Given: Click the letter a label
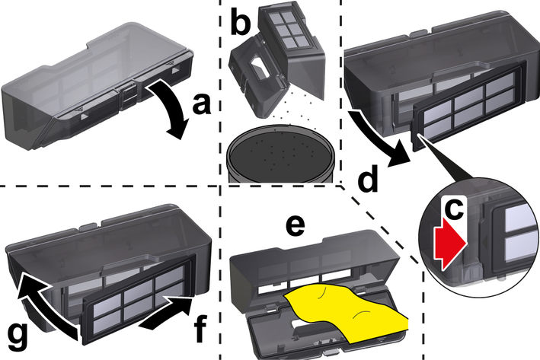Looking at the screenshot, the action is [x=202, y=104].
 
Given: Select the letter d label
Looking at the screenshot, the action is [x=368, y=179].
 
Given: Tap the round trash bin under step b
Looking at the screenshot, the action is [x=280, y=155].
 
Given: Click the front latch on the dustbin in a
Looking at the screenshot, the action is [x=129, y=96].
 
